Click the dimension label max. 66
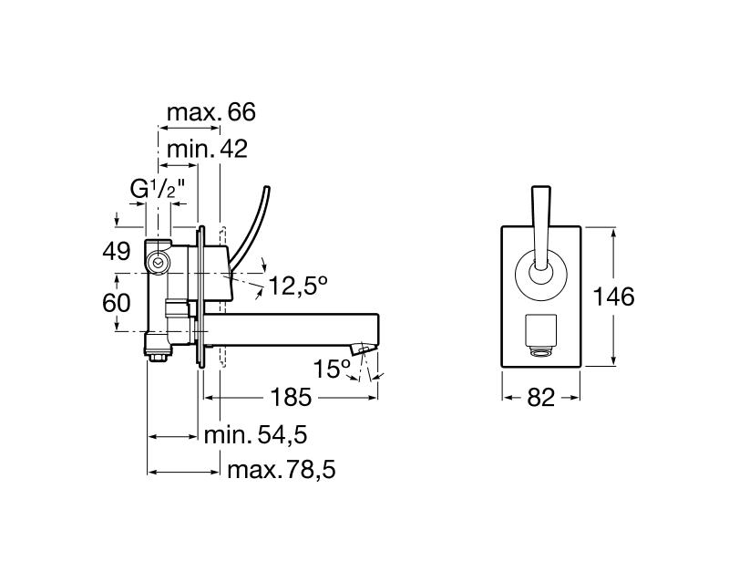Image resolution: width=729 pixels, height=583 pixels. pyautogui.click(x=210, y=112)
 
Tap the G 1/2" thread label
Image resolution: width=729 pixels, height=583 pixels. pyautogui.click(x=158, y=190)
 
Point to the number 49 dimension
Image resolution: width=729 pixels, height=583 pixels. pyautogui.click(x=116, y=252)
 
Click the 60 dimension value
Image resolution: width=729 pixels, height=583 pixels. pyautogui.click(x=116, y=301)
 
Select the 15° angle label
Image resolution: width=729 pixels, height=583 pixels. pyautogui.click(x=333, y=369)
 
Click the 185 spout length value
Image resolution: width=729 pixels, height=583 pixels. pyautogui.click(x=291, y=398)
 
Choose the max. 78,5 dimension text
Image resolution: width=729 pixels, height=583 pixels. pyautogui.click(x=282, y=471)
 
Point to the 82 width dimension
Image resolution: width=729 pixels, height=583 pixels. pyautogui.click(x=541, y=398)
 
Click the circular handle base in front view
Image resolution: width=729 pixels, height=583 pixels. pyautogui.click(x=541, y=273)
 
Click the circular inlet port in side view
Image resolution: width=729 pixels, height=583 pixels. pyautogui.click(x=159, y=262)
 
